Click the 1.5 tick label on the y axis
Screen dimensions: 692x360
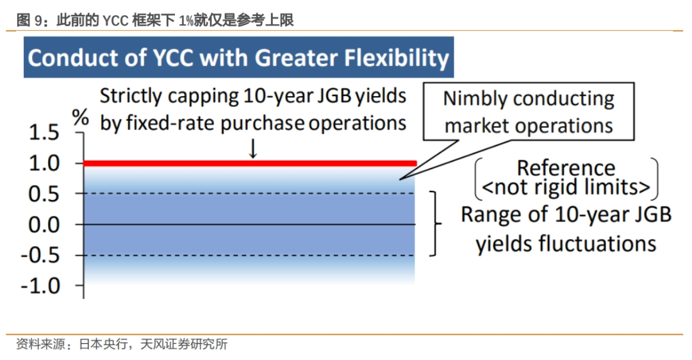(x=44, y=133)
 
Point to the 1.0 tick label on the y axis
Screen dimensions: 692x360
(x=44, y=163)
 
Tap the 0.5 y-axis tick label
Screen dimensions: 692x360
(x=44, y=194)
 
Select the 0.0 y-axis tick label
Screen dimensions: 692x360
(x=44, y=225)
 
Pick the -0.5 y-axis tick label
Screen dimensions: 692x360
(x=40, y=256)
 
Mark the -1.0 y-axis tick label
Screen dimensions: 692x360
(x=40, y=286)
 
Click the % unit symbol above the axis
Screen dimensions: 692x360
(x=80, y=117)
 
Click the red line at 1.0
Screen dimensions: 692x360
(x=250, y=164)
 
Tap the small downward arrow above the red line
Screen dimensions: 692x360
(x=253, y=149)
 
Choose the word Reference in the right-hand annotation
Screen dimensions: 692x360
(x=566, y=168)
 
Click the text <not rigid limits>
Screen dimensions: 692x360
(x=566, y=187)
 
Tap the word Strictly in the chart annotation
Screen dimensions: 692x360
(x=131, y=96)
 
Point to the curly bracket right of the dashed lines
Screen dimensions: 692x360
(x=436, y=224)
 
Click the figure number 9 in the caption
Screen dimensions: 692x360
(x=39, y=20)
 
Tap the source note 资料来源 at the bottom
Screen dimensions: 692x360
(x=40, y=344)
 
